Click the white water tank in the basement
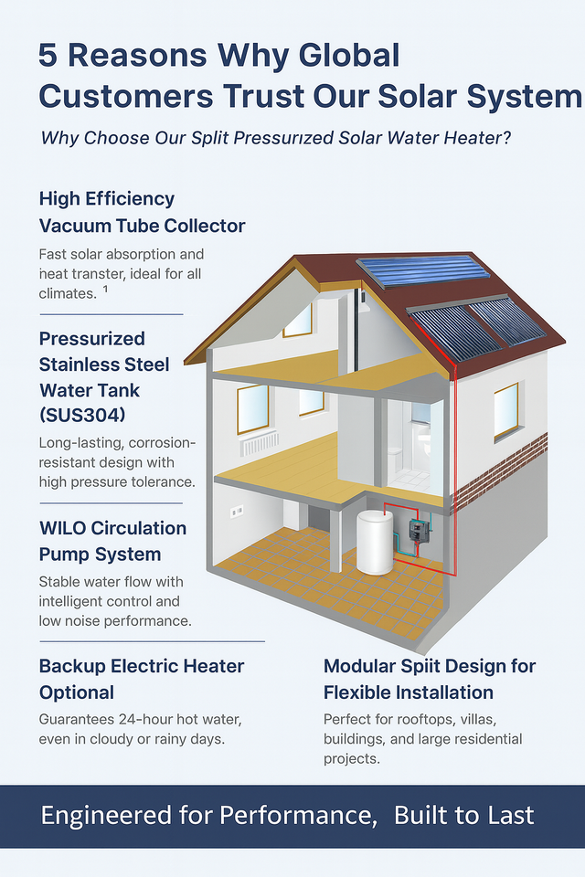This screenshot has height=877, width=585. point(374,542)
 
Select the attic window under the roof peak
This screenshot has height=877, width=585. point(297,321)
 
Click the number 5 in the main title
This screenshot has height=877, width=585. point(48,56)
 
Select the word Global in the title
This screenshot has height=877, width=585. point(352,56)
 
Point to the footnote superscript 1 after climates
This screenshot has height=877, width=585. point(106,290)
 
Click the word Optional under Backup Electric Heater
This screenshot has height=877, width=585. point(77,692)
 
